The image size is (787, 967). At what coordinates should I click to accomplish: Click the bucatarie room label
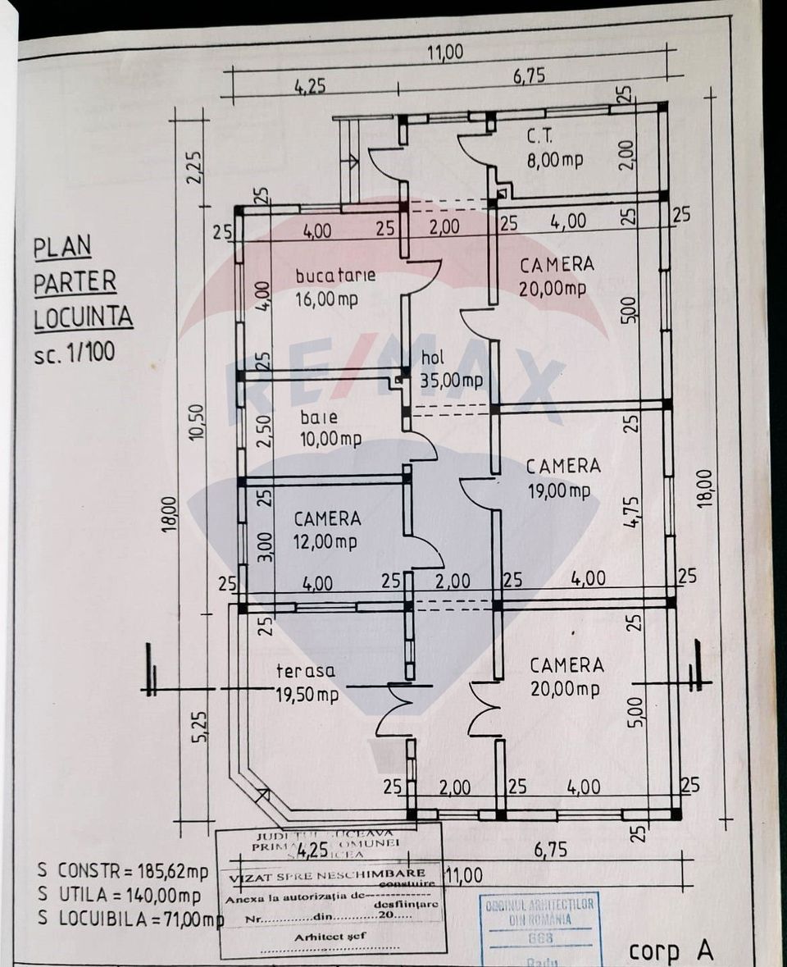335,275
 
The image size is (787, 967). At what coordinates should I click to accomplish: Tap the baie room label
318,417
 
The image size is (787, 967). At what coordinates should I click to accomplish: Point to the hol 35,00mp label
451,369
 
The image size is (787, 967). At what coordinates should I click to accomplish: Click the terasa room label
306,671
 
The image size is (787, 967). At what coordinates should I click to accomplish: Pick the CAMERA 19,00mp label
563,477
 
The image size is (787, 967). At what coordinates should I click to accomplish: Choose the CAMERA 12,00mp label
326,530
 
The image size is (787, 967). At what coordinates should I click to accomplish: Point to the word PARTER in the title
75,282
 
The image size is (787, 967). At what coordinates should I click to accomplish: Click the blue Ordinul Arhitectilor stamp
539,926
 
